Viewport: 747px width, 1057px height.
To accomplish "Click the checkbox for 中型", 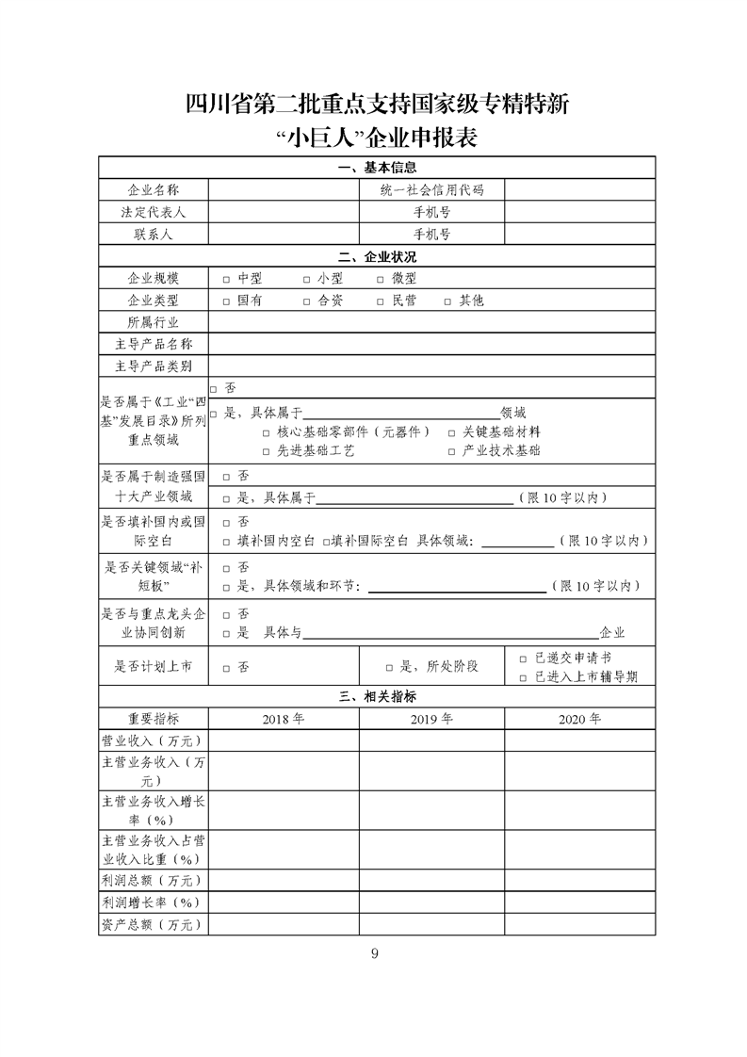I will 226,279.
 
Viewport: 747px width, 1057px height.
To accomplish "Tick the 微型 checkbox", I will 381,279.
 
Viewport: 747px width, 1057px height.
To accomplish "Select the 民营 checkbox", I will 381,301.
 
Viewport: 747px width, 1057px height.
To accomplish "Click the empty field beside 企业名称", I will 283,189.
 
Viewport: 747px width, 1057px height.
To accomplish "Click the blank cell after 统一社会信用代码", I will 579,189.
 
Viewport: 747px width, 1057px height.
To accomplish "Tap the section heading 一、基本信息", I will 377,168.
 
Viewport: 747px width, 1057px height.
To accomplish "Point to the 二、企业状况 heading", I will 377,257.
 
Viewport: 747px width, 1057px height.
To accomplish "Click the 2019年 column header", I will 431,719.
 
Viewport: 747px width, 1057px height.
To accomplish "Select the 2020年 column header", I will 579,719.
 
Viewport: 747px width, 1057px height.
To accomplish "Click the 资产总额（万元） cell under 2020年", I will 579,925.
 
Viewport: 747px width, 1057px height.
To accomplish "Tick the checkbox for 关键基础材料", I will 452,431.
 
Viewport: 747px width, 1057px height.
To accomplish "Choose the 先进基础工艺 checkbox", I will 267,451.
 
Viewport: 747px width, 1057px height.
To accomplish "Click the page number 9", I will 374,953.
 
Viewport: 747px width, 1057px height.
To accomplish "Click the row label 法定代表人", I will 154,212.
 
